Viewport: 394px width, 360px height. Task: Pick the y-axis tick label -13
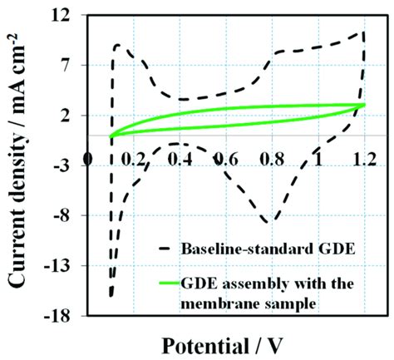pyautogui.click(x=69, y=266)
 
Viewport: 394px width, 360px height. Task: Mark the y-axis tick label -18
pyautogui.click(x=69, y=316)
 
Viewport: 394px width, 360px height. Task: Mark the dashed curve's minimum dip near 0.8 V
pyautogui.click(x=268, y=222)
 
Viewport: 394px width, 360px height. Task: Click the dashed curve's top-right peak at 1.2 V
pyautogui.click(x=362, y=32)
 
